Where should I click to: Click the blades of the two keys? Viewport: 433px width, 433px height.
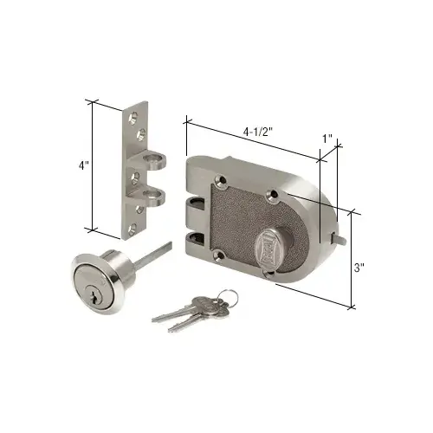click(178, 314)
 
